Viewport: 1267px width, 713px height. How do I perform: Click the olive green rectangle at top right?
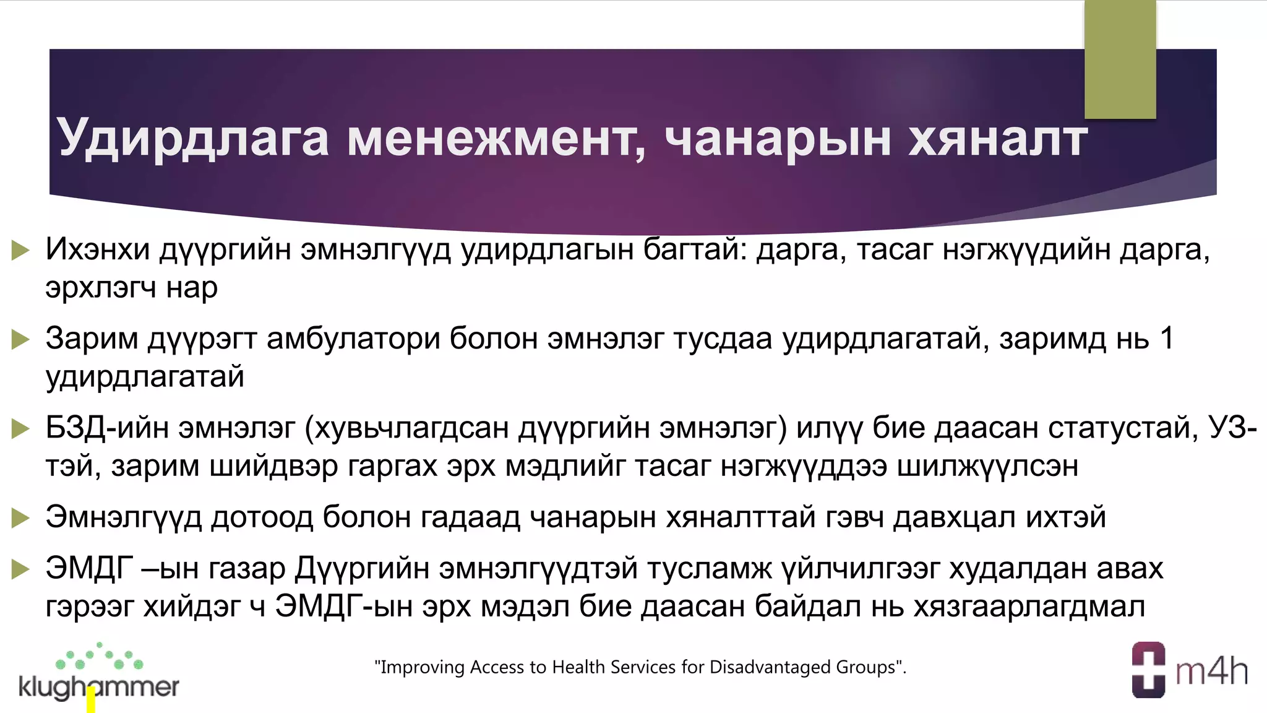click(1120, 59)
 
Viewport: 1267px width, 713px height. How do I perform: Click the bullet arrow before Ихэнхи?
click(20, 251)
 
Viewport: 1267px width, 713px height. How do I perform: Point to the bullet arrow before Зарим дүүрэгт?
click(20, 339)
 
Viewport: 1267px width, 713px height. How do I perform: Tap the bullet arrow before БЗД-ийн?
click(20, 428)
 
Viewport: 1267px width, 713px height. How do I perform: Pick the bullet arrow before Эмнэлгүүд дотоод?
click(20, 517)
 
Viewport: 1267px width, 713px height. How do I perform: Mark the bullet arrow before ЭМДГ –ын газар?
click(20, 569)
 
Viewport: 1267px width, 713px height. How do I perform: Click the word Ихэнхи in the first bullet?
click(98, 249)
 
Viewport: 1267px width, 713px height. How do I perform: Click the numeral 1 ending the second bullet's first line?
click(1167, 338)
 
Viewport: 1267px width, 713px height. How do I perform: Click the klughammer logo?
click(99, 675)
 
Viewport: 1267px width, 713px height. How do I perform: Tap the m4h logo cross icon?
click(1148, 670)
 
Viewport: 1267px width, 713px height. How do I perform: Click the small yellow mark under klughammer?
click(91, 701)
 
